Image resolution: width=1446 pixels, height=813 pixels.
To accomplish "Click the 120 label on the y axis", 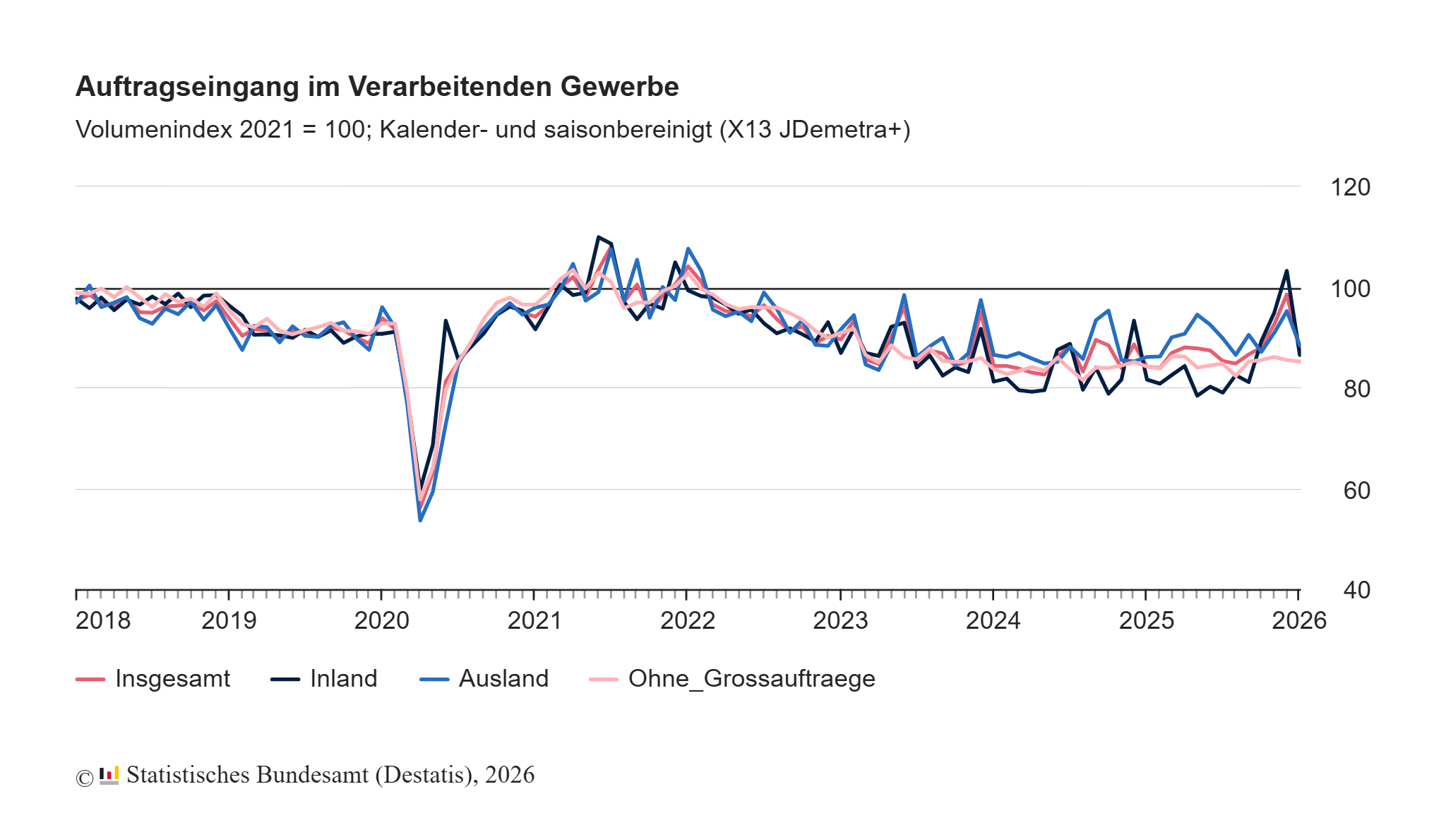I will pyautogui.click(x=1350, y=188).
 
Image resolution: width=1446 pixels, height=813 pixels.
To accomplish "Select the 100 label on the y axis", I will pyautogui.click(x=1350, y=289).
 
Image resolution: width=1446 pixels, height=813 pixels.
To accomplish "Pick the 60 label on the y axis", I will pyautogui.click(x=1356, y=490).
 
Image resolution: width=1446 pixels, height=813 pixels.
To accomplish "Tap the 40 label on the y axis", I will pyautogui.click(x=1356, y=590).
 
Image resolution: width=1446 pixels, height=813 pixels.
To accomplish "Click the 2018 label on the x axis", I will pyautogui.click(x=103, y=620).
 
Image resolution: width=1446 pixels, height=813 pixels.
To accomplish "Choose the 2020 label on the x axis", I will pyautogui.click(x=381, y=620).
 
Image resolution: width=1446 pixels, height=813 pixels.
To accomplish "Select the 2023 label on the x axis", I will pyautogui.click(x=840, y=620).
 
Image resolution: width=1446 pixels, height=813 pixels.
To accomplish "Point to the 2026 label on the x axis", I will pyautogui.click(x=1298, y=620).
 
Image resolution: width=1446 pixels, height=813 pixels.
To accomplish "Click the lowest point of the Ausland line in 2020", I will pyautogui.click(x=420, y=520).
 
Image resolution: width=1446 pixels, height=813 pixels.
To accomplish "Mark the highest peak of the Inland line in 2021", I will pyautogui.click(x=598, y=237).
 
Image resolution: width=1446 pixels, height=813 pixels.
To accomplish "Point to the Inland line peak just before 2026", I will pyautogui.click(x=1286, y=271).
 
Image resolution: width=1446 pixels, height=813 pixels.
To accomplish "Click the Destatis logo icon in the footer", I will pyautogui.click(x=109, y=776).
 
